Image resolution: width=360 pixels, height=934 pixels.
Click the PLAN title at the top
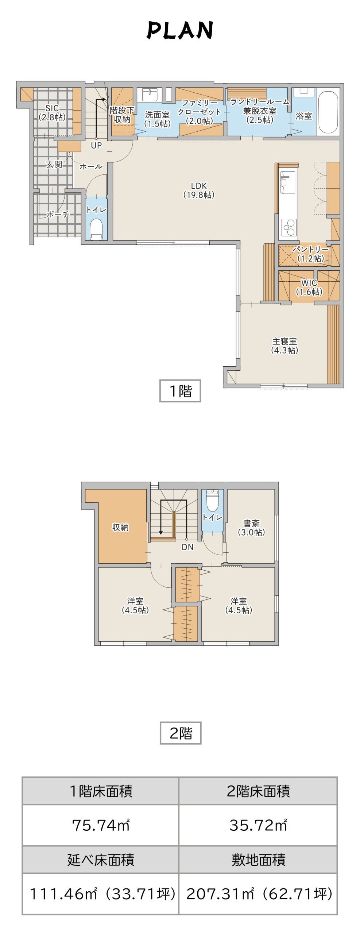click(180, 30)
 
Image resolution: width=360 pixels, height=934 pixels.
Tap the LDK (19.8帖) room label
click(199, 190)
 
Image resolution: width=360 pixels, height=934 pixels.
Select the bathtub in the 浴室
click(328, 112)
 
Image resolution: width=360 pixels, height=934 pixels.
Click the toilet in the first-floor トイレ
click(96, 229)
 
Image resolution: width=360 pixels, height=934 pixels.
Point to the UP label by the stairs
click(96, 145)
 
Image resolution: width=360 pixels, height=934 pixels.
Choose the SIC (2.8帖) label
click(52, 113)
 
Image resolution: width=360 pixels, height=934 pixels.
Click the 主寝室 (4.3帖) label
click(284, 346)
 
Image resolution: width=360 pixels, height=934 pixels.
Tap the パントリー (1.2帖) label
click(311, 254)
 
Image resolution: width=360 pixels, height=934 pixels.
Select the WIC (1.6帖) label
click(309, 287)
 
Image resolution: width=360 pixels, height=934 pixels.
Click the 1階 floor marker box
click(180, 391)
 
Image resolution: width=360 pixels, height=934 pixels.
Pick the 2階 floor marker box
click(181, 733)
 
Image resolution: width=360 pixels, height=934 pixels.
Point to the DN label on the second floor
click(187, 547)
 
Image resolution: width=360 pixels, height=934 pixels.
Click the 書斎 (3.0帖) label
click(251, 528)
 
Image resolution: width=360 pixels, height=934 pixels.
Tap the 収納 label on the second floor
click(120, 527)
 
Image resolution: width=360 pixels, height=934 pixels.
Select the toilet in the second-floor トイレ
click(212, 501)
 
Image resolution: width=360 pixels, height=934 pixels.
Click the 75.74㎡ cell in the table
click(101, 825)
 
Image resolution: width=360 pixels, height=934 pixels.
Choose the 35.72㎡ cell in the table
click(258, 825)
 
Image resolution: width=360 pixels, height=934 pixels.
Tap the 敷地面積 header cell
click(258, 860)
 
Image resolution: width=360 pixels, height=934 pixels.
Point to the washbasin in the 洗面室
click(150, 94)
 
